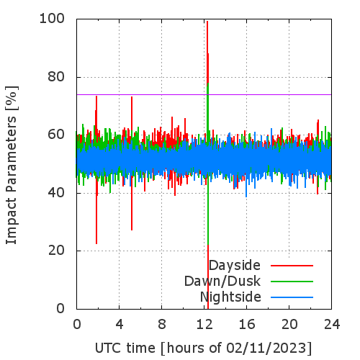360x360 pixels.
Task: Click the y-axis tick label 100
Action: coord(52,19)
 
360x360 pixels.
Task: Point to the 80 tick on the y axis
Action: coord(56,77)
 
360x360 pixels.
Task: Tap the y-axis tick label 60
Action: coord(56,135)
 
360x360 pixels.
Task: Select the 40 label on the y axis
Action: coord(56,193)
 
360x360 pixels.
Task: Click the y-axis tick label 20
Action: coord(56,251)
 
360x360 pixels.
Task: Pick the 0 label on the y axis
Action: coord(60,308)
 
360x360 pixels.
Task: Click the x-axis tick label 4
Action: coord(120,325)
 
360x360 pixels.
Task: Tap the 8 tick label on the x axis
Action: coord(162,325)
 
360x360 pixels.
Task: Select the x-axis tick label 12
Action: coord(204,325)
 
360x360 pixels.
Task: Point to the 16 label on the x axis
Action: coord(247,325)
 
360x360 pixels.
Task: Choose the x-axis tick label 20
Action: coord(289,325)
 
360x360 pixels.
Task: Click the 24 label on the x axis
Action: coord(332,325)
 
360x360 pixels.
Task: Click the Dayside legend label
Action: coord(235,266)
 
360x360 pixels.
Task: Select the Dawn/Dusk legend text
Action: coord(222,282)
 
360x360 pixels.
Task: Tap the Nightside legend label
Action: coord(230,297)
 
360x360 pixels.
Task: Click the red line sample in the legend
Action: coord(292,266)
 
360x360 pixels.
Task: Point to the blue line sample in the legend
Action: coord(292,297)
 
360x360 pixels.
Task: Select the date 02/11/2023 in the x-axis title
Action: coord(266,348)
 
